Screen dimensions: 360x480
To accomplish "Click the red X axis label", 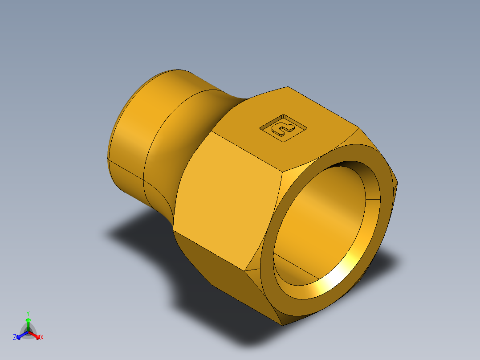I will coord(42,338).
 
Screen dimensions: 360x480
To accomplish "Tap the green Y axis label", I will coord(28,313).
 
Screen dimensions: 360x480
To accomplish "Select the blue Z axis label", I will coord(15,338).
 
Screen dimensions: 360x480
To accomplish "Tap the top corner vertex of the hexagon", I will coord(288,87).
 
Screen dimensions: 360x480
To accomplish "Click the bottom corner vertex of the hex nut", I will coord(282,325).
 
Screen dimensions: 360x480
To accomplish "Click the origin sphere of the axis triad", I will coord(28,332).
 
